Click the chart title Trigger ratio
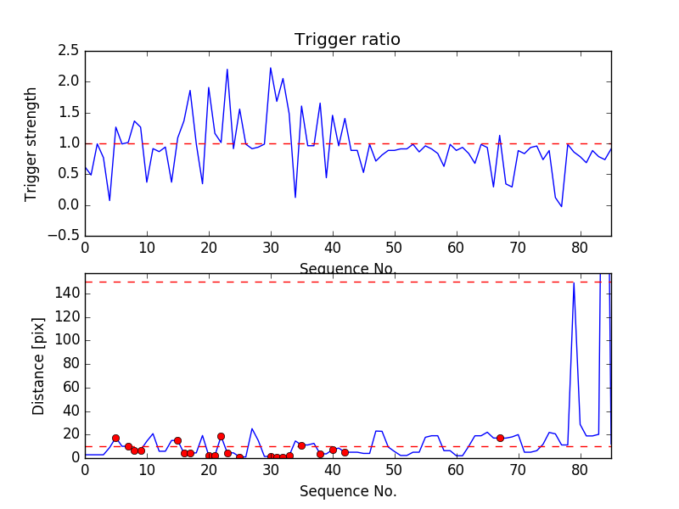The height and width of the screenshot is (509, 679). (347, 40)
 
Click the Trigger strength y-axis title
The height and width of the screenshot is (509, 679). (31, 143)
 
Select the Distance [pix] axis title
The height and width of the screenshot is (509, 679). (38, 366)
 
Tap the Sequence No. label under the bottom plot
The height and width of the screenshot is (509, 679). (347, 491)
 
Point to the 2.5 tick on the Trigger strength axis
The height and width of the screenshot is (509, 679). (69, 51)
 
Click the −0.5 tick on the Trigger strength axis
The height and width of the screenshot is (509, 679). (65, 236)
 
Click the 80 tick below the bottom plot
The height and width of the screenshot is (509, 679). (581, 471)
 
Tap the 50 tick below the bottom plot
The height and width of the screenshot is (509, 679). (395, 471)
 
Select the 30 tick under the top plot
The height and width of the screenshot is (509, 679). (271, 248)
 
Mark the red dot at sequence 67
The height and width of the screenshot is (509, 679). (500, 438)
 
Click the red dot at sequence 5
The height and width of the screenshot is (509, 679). (115, 438)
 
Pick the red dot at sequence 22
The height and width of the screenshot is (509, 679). (221, 436)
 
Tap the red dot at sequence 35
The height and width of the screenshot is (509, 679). (301, 445)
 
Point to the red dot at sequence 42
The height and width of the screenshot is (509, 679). (345, 452)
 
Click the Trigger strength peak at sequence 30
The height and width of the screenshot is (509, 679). (271, 68)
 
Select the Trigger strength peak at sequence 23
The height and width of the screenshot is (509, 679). (227, 70)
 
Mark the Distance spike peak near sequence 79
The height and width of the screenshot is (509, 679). (575, 283)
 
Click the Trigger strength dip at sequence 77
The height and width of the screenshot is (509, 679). (561, 206)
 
